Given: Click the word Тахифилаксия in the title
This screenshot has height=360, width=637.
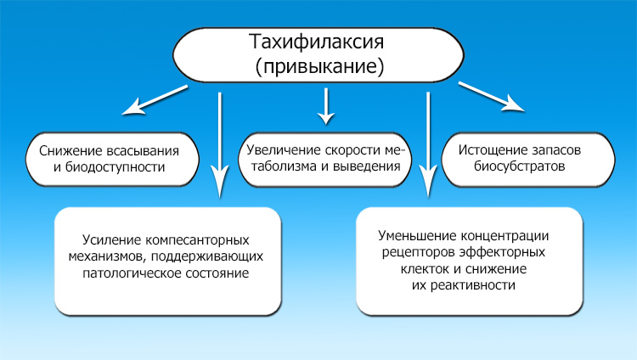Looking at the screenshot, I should pos(318,42).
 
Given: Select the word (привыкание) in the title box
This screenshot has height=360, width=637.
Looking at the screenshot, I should pos(318,65).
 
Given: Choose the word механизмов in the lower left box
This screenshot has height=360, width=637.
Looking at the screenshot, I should pos(110,257).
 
